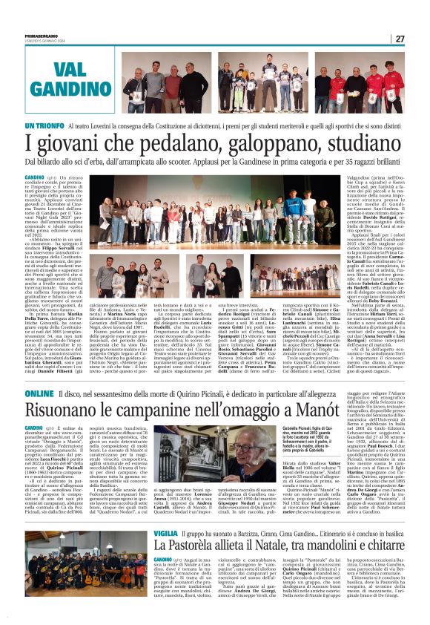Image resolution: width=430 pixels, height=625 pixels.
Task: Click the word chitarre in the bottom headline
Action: pos(379,547)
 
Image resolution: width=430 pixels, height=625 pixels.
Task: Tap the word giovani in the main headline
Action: pos(60,144)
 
